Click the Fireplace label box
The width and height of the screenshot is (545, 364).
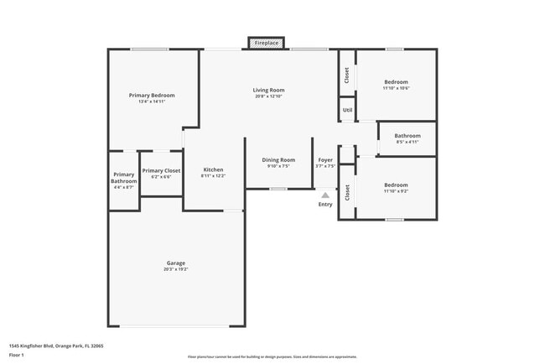pyautogui.click(x=266, y=42)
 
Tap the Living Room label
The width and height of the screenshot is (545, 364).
pyautogui.click(x=269, y=90)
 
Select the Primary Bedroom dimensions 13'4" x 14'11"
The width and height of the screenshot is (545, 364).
pyautogui.click(x=152, y=102)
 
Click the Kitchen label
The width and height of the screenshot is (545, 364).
pyautogui.click(x=213, y=169)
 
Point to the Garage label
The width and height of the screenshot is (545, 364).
pyautogui.click(x=175, y=263)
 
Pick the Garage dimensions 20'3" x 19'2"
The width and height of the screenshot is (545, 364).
pyautogui.click(x=175, y=269)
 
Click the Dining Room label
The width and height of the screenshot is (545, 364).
pyautogui.click(x=278, y=159)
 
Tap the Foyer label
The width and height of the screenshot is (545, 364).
pyautogui.click(x=325, y=159)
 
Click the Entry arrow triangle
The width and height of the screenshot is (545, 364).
pyautogui.click(x=324, y=195)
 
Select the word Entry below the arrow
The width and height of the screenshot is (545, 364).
pyautogui.click(x=324, y=204)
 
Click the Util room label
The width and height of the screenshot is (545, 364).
pyautogui.click(x=347, y=110)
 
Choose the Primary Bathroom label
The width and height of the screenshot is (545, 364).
pyautogui.click(x=124, y=177)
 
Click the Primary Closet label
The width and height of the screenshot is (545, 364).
pyautogui.click(x=161, y=170)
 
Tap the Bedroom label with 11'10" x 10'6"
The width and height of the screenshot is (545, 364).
pyautogui.click(x=396, y=81)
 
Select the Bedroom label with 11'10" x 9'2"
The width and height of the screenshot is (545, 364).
pyautogui.click(x=396, y=185)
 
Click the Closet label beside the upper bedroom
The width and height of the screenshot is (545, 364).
pyautogui.click(x=347, y=75)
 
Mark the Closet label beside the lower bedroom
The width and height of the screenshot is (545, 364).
pyautogui.click(x=347, y=192)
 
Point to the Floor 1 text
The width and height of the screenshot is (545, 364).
pyautogui.click(x=17, y=355)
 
